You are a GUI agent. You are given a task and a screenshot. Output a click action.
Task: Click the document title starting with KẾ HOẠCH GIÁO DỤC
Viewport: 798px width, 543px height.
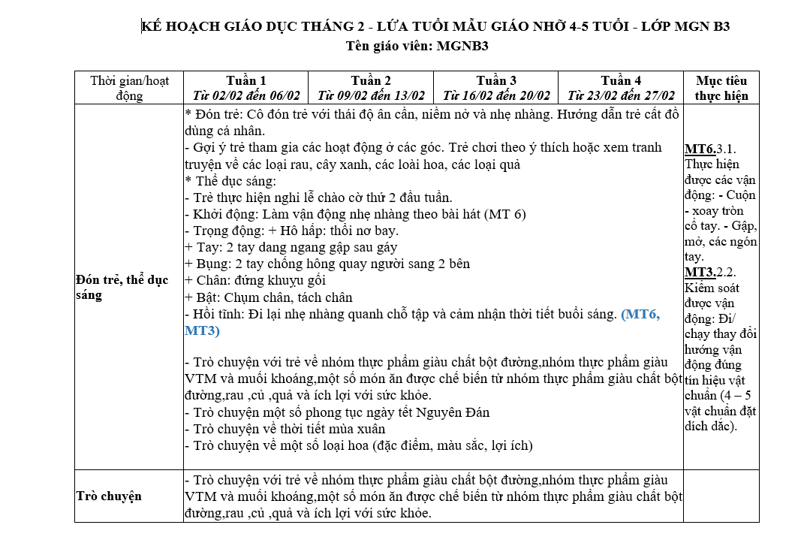pyautogui.click(x=435, y=27)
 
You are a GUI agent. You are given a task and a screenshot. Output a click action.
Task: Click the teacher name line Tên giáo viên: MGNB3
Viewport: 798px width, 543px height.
pyautogui.click(x=417, y=46)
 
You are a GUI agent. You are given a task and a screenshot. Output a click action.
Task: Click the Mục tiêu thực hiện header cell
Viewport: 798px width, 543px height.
pyautogui.click(x=721, y=88)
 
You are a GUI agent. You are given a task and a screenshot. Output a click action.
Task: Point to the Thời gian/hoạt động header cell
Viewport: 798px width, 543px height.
pyautogui.click(x=129, y=88)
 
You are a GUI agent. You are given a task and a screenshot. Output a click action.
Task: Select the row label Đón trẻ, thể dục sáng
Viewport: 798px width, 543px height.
pyautogui.click(x=122, y=288)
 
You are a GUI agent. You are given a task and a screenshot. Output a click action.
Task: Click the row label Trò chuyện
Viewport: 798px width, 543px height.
pyautogui.click(x=109, y=496)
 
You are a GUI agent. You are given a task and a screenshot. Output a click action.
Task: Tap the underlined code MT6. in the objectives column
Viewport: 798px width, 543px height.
pyautogui.click(x=700, y=149)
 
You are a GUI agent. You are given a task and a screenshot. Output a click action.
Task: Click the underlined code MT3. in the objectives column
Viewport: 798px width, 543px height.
pyautogui.click(x=700, y=272)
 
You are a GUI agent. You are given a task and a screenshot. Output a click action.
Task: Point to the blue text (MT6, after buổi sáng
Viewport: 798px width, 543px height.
pyautogui.click(x=640, y=315)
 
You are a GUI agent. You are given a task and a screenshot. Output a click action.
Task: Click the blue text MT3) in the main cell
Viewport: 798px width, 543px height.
pyautogui.click(x=202, y=330)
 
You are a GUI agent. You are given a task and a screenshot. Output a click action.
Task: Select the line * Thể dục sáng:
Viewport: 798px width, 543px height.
pyautogui.click(x=230, y=181)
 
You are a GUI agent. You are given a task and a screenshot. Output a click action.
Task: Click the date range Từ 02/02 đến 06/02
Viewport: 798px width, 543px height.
pyautogui.click(x=245, y=95)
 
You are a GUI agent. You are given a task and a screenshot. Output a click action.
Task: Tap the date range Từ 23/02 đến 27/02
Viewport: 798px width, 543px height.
pyautogui.click(x=621, y=95)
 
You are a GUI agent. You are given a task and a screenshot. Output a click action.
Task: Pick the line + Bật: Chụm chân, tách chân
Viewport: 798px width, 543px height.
pyautogui.click(x=268, y=297)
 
